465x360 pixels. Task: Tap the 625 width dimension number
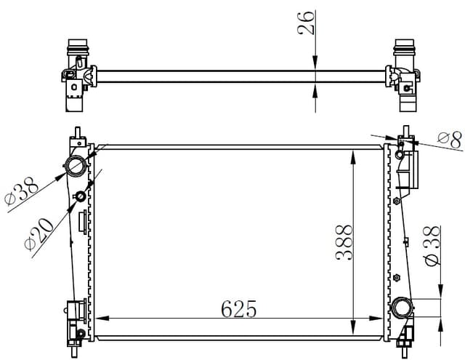click(x=239, y=309)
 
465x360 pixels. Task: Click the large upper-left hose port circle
click(x=75, y=167)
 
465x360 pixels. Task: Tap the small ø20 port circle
click(x=81, y=197)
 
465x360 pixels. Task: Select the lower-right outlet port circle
click(x=402, y=308)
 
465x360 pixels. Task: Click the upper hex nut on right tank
click(x=397, y=200)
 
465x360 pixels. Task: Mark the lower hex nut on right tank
click(x=397, y=277)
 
